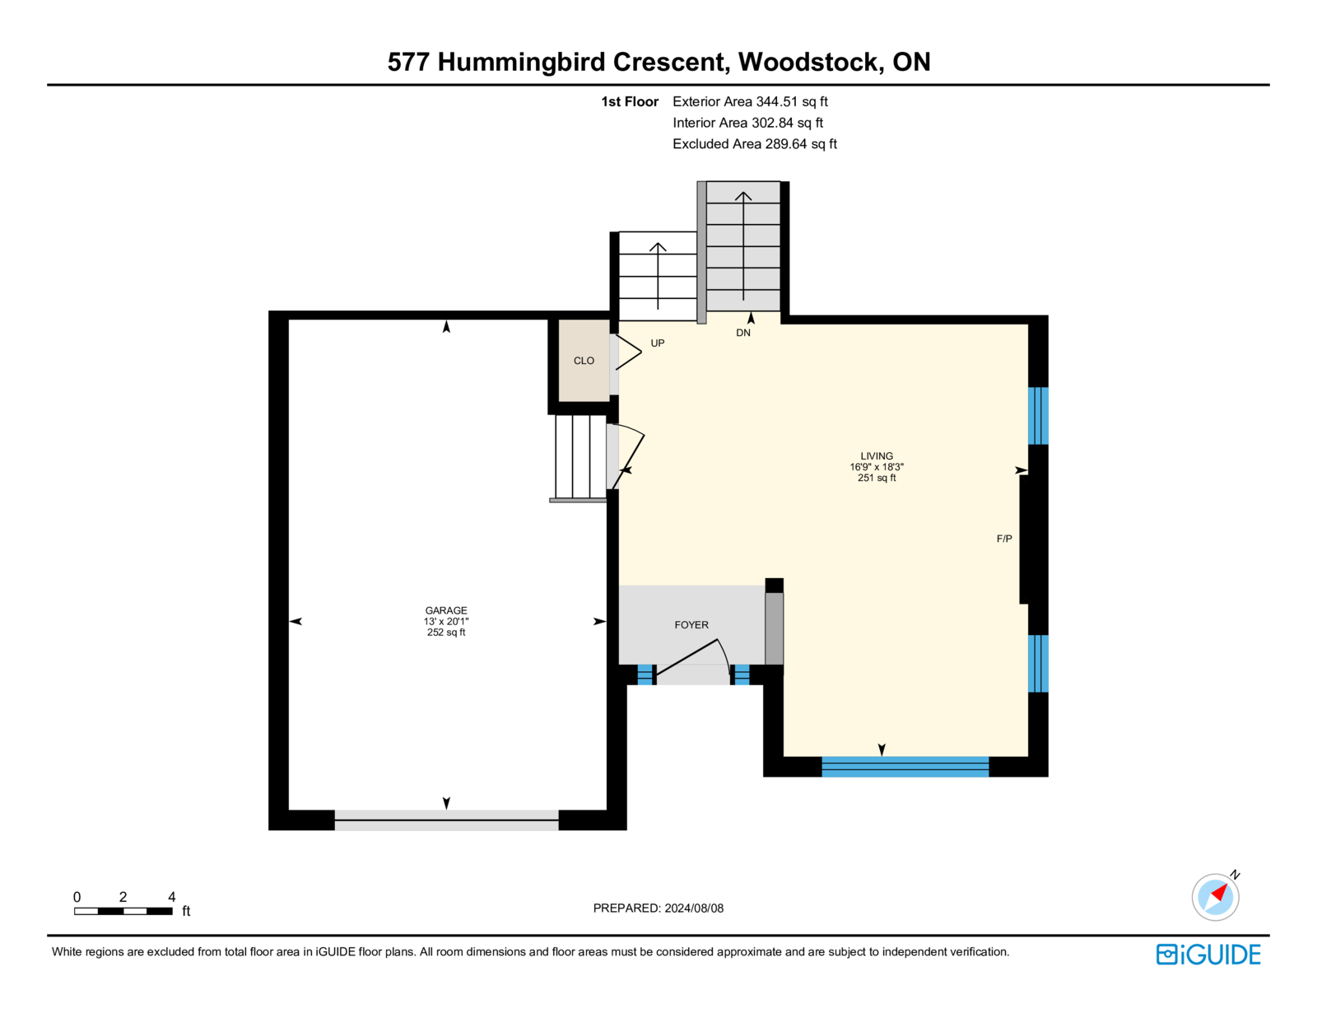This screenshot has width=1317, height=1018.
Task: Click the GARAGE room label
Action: coord(446,610)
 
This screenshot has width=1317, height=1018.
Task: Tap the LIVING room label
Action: coord(877,455)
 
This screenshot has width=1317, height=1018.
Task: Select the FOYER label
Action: coord(691,625)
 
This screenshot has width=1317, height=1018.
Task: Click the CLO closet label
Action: coord(584,361)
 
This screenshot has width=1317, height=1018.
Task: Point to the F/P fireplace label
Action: coord(1004,539)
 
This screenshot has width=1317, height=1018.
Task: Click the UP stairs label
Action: coord(658,343)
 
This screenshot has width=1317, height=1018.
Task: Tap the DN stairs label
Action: coord(743,333)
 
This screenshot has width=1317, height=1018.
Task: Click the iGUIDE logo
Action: coord(1208,955)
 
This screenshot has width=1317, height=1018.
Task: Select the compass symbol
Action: coord(1216,896)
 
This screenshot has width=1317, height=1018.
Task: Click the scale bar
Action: coord(123,911)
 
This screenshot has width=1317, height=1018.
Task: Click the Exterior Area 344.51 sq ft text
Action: coord(750,102)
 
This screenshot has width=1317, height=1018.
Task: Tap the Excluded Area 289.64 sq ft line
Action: coord(755,144)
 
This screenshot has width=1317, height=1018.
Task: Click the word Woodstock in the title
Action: coord(807,62)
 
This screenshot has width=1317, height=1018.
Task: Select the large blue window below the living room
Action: coord(905,767)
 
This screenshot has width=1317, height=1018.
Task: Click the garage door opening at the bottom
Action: coord(446,820)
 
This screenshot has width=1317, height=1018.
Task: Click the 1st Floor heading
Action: coord(630,102)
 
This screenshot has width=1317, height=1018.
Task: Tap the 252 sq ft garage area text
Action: coord(446,633)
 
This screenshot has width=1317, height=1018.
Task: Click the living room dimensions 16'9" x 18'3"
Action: coord(877,467)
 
